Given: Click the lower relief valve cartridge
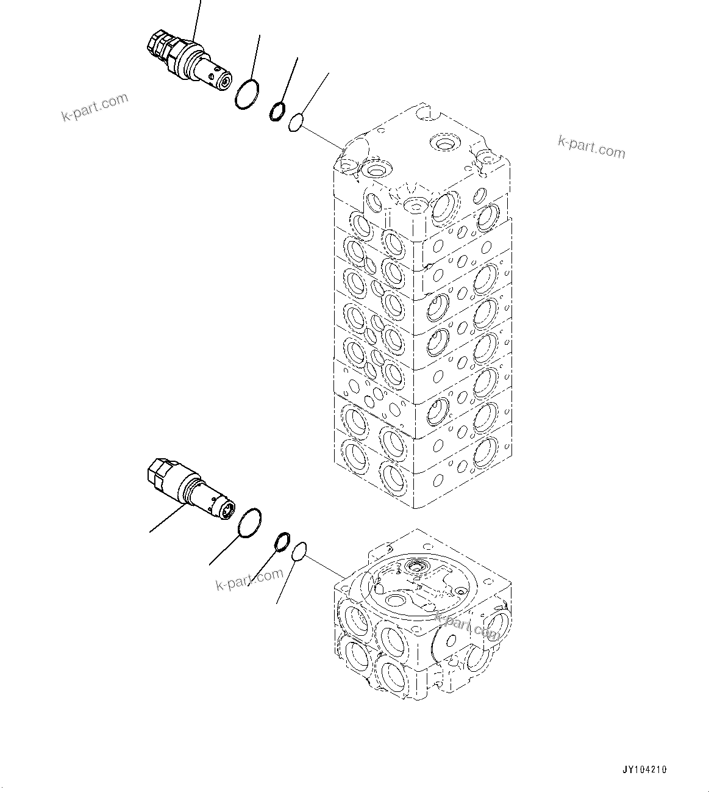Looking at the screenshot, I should coord(189,492).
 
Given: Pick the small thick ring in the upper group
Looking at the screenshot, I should coord(277,110).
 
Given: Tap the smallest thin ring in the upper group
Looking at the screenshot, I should coord(297,122).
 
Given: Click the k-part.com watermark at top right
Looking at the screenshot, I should coord(591,147).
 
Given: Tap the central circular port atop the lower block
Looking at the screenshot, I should coord(416,566).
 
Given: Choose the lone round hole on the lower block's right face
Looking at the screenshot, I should coord(451,640).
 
